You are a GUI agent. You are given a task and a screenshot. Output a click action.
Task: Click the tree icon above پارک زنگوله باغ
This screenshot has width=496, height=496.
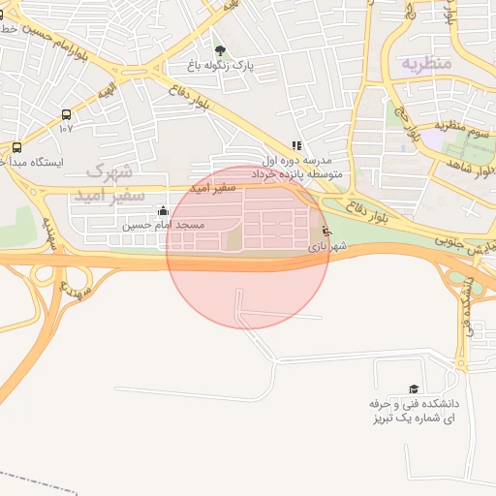tap(220, 51)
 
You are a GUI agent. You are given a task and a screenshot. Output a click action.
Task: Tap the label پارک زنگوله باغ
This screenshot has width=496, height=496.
tap(221, 66)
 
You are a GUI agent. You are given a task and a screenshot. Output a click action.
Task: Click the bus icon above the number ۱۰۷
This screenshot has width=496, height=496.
tap(66, 113)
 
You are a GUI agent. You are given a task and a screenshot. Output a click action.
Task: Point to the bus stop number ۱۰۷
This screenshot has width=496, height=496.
tap(66, 128)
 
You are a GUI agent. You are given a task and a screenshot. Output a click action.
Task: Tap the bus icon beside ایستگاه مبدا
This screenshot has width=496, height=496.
tap(16, 148)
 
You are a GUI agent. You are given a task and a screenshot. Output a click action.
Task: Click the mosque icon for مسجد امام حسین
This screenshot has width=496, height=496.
tap(162, 210)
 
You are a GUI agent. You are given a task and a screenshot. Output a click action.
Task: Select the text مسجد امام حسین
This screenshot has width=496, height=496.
tap(163, 225)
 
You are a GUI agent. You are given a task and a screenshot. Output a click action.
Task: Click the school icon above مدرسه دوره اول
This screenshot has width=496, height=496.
tap(296, 145)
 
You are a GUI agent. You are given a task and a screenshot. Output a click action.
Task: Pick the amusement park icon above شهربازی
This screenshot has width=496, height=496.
tap(325, 232)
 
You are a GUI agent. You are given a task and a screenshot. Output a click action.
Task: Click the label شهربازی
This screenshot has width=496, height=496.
tap(326, 248)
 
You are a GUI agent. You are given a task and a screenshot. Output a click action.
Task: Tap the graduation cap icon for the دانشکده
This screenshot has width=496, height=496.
tap(415, 388)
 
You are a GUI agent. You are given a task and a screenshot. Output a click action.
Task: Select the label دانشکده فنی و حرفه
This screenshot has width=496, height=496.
tap(414, 403)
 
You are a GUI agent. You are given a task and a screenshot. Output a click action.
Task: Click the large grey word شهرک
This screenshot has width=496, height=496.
tap(108, 172)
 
